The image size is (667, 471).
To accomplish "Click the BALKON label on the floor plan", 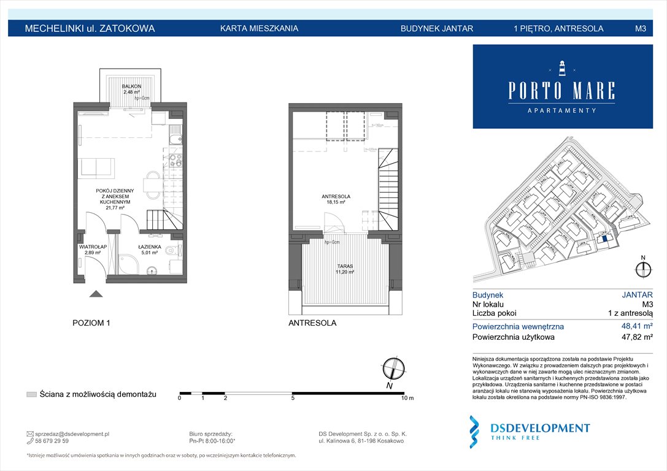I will [131, 86].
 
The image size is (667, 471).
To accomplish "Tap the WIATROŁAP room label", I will [93, 247].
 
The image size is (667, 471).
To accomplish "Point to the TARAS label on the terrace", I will [344, 267].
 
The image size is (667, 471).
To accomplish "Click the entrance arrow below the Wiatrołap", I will [96, 294].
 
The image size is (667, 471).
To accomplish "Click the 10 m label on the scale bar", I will [407, 399].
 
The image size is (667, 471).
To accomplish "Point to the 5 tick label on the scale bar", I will [293, 399].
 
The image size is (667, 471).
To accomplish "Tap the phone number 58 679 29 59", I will [52, 441].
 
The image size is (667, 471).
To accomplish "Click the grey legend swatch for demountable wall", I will [31, 394].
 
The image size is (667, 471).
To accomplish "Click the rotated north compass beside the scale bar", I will [393, 369].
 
